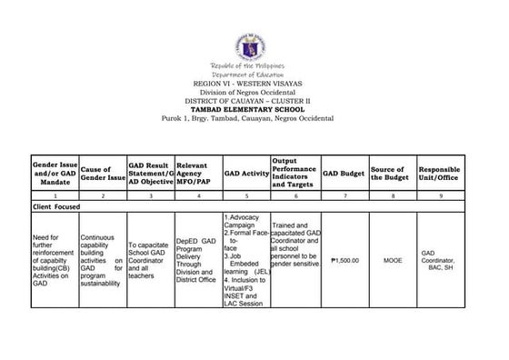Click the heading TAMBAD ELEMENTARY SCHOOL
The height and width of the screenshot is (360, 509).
(254, 108)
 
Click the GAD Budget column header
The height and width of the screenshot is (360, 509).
(344, 170)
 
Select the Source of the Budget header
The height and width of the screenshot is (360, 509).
(392, 170)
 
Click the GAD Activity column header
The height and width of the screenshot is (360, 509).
(245, 170)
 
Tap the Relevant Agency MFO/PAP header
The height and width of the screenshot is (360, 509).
(195, 170)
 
